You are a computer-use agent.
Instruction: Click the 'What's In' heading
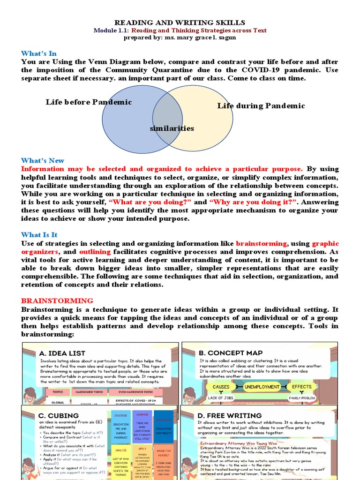[x=39, y=53]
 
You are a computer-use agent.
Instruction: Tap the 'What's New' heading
[x=43, y=160]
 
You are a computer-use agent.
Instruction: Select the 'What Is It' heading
[x=39, y=235]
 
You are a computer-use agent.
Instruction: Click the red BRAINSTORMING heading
[x=57, y=300]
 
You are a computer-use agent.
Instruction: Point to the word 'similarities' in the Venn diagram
[x=172, y=128]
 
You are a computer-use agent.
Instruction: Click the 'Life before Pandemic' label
[x=89, y=102]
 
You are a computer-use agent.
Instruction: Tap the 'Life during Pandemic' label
[x=261, y=106]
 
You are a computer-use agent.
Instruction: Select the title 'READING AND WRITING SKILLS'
[x=180, y=22]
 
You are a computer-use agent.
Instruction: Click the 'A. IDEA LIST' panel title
[x=62, y=353]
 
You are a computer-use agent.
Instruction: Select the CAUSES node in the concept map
[x=221, y=387]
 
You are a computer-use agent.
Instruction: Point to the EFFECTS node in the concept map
[x=302, y=387]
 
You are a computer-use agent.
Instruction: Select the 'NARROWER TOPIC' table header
[x=90, y=391]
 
